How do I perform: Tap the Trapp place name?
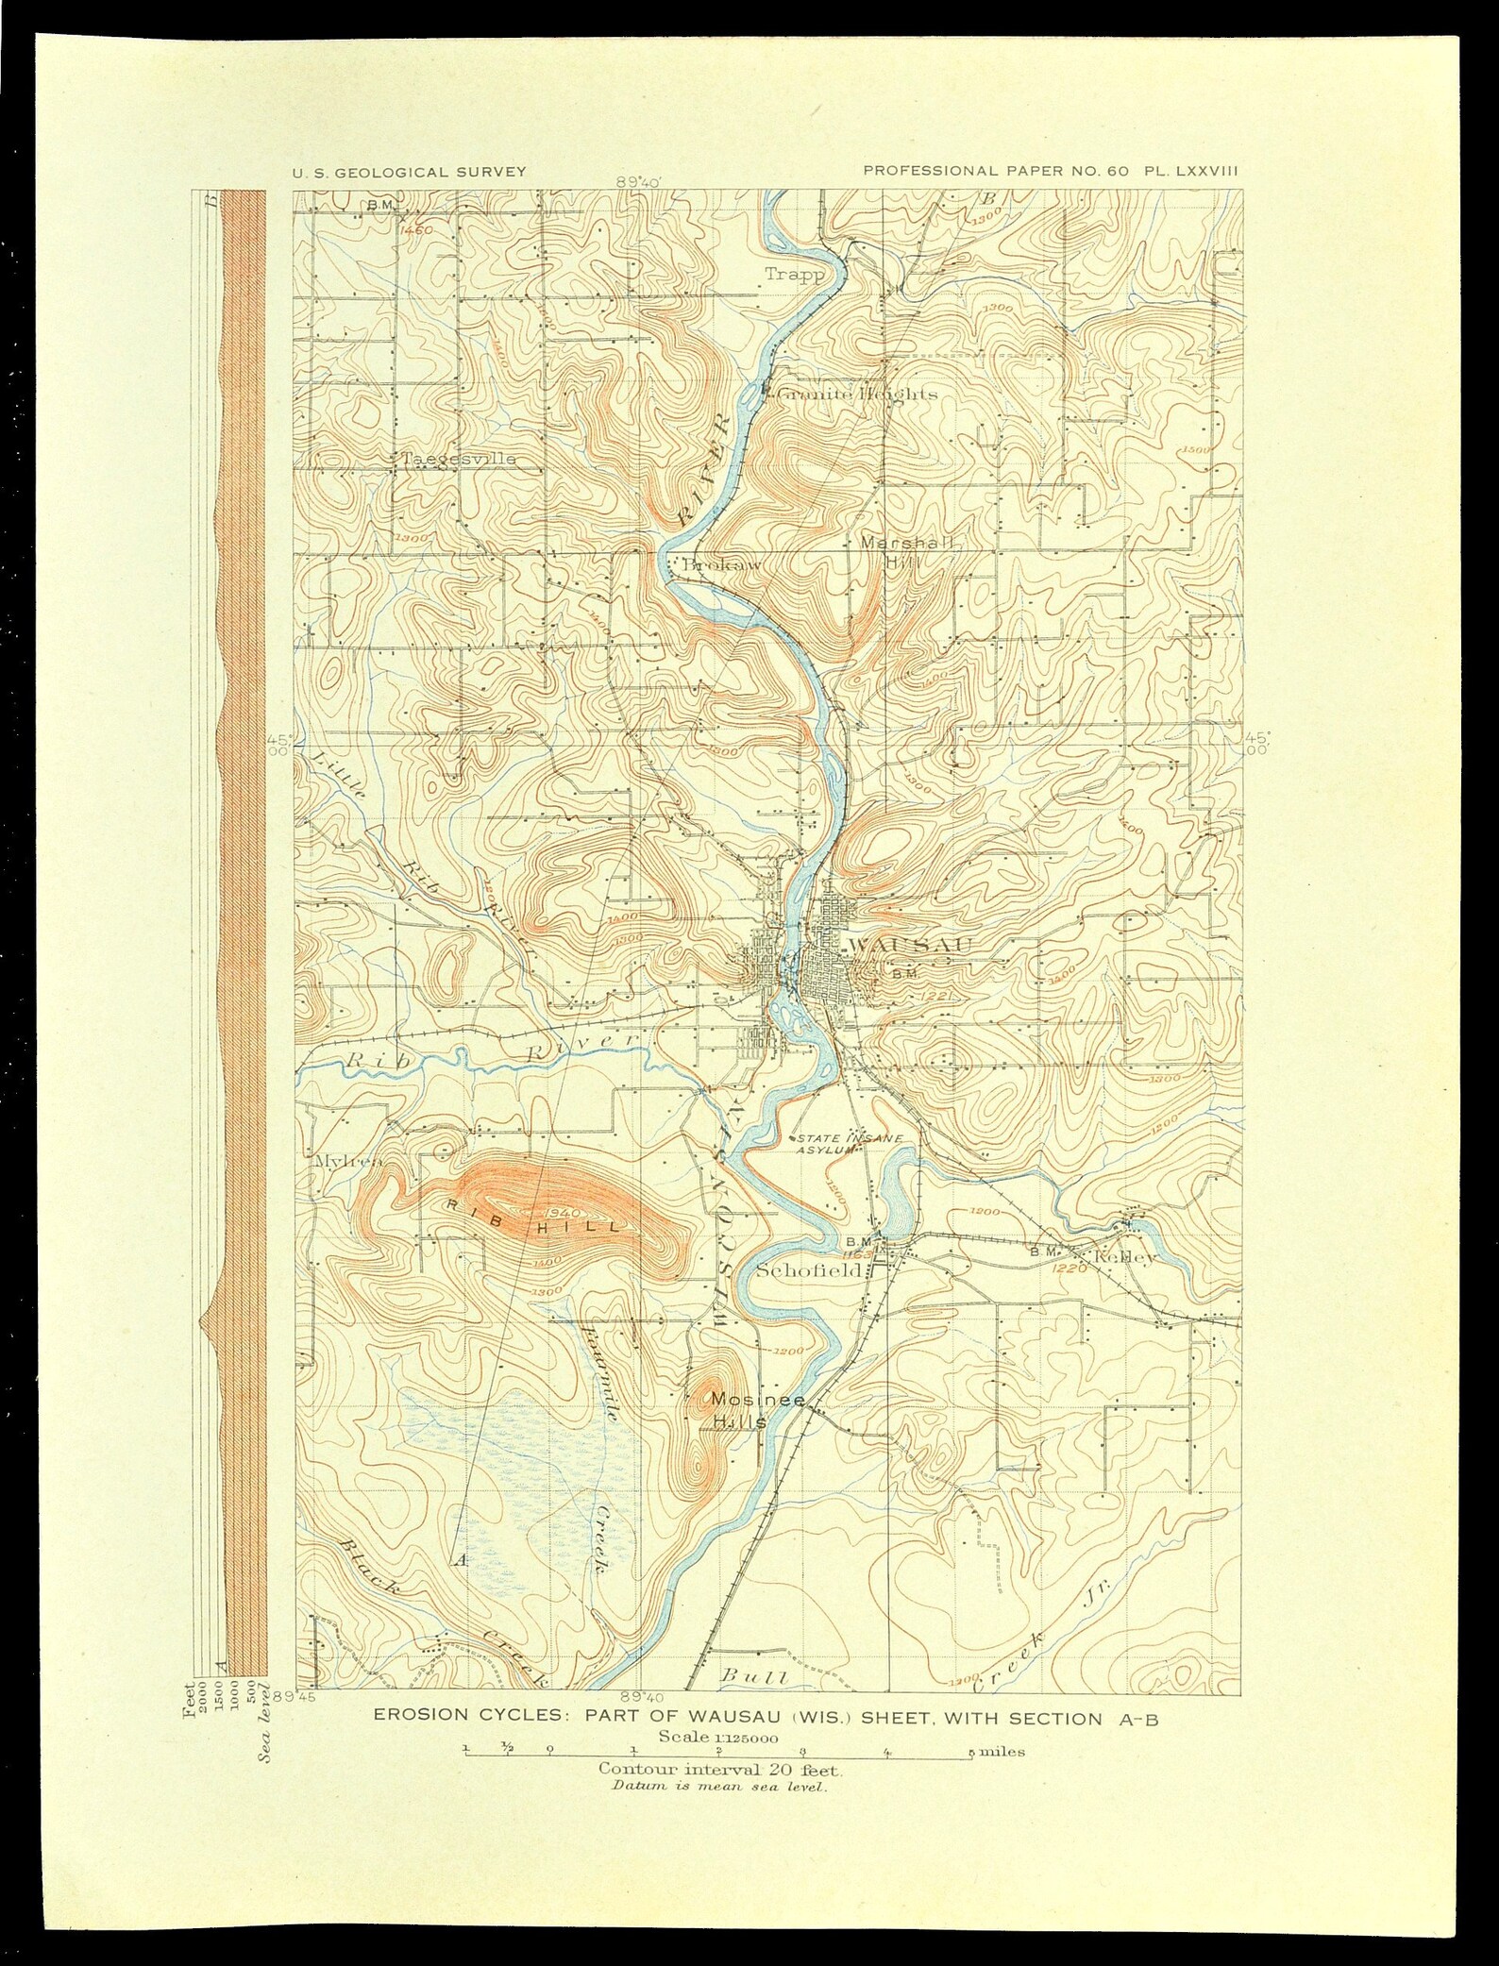tap(794, 275)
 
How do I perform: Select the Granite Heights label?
tap(855, 394)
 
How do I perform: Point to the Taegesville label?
tap(459, 459)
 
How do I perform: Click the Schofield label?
tap(810, 1270)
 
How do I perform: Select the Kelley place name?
tap(1123, 1258)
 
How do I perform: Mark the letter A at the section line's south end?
tap(460, 1560)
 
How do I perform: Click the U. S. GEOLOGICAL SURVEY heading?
tap(409, 172)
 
